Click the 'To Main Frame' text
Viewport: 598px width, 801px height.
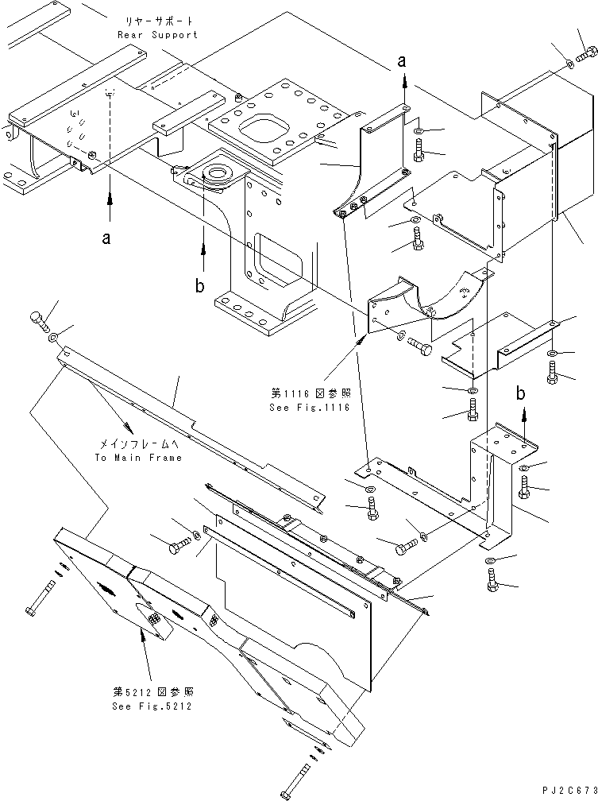coord(138,458)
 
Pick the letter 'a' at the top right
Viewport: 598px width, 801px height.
coord(403,60)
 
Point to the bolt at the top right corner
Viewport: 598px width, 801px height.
coord(588,55)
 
